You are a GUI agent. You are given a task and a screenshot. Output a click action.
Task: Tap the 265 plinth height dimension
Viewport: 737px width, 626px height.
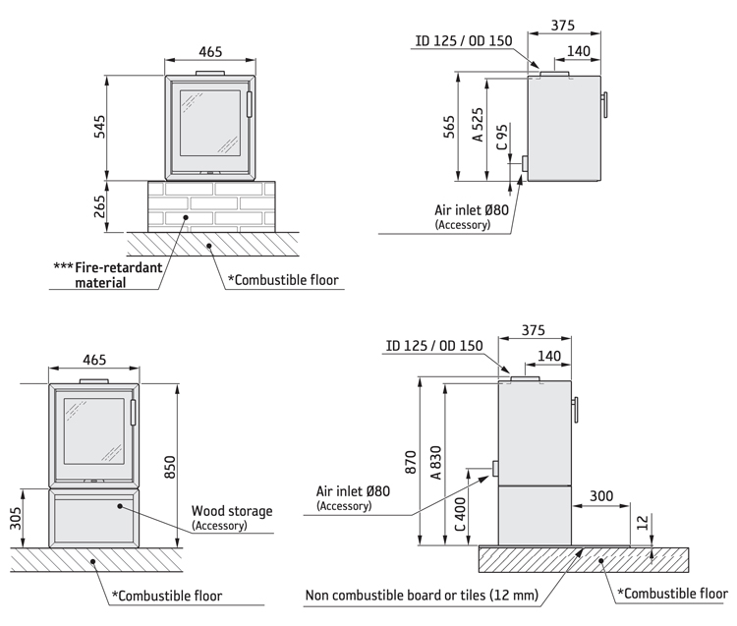98,207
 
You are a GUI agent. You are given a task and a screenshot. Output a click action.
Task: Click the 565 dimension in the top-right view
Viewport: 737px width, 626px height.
450,129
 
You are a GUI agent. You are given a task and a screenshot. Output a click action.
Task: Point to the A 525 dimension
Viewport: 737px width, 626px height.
478,126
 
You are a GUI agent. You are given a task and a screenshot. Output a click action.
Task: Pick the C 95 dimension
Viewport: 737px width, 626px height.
503,138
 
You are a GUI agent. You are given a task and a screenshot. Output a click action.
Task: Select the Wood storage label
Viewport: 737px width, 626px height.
232,511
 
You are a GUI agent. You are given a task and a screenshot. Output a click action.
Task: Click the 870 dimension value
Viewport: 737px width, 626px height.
411,462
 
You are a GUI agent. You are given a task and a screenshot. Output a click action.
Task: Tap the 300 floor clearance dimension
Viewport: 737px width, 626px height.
600,498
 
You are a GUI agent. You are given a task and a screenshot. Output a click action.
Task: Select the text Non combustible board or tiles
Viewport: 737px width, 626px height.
422,595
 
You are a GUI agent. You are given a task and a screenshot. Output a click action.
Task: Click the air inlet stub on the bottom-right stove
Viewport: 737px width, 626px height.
496,470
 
